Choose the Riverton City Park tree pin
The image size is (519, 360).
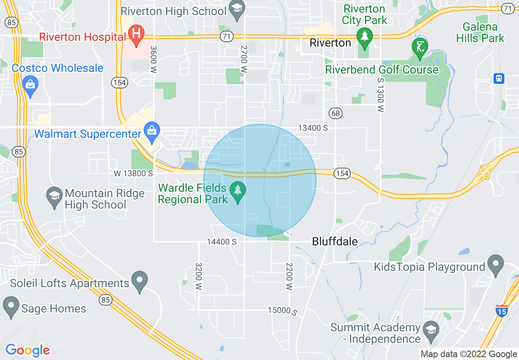[x=364, y=36]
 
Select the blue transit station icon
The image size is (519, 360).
[x=499, y=79]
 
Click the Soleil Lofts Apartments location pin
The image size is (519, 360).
[x=140, y=281]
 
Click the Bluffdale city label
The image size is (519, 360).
[x=335, y=241]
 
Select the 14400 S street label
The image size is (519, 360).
[x=222, y=242]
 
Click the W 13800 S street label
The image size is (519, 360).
[x=133, y=173]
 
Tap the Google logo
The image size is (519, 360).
[x=28, y=350]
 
